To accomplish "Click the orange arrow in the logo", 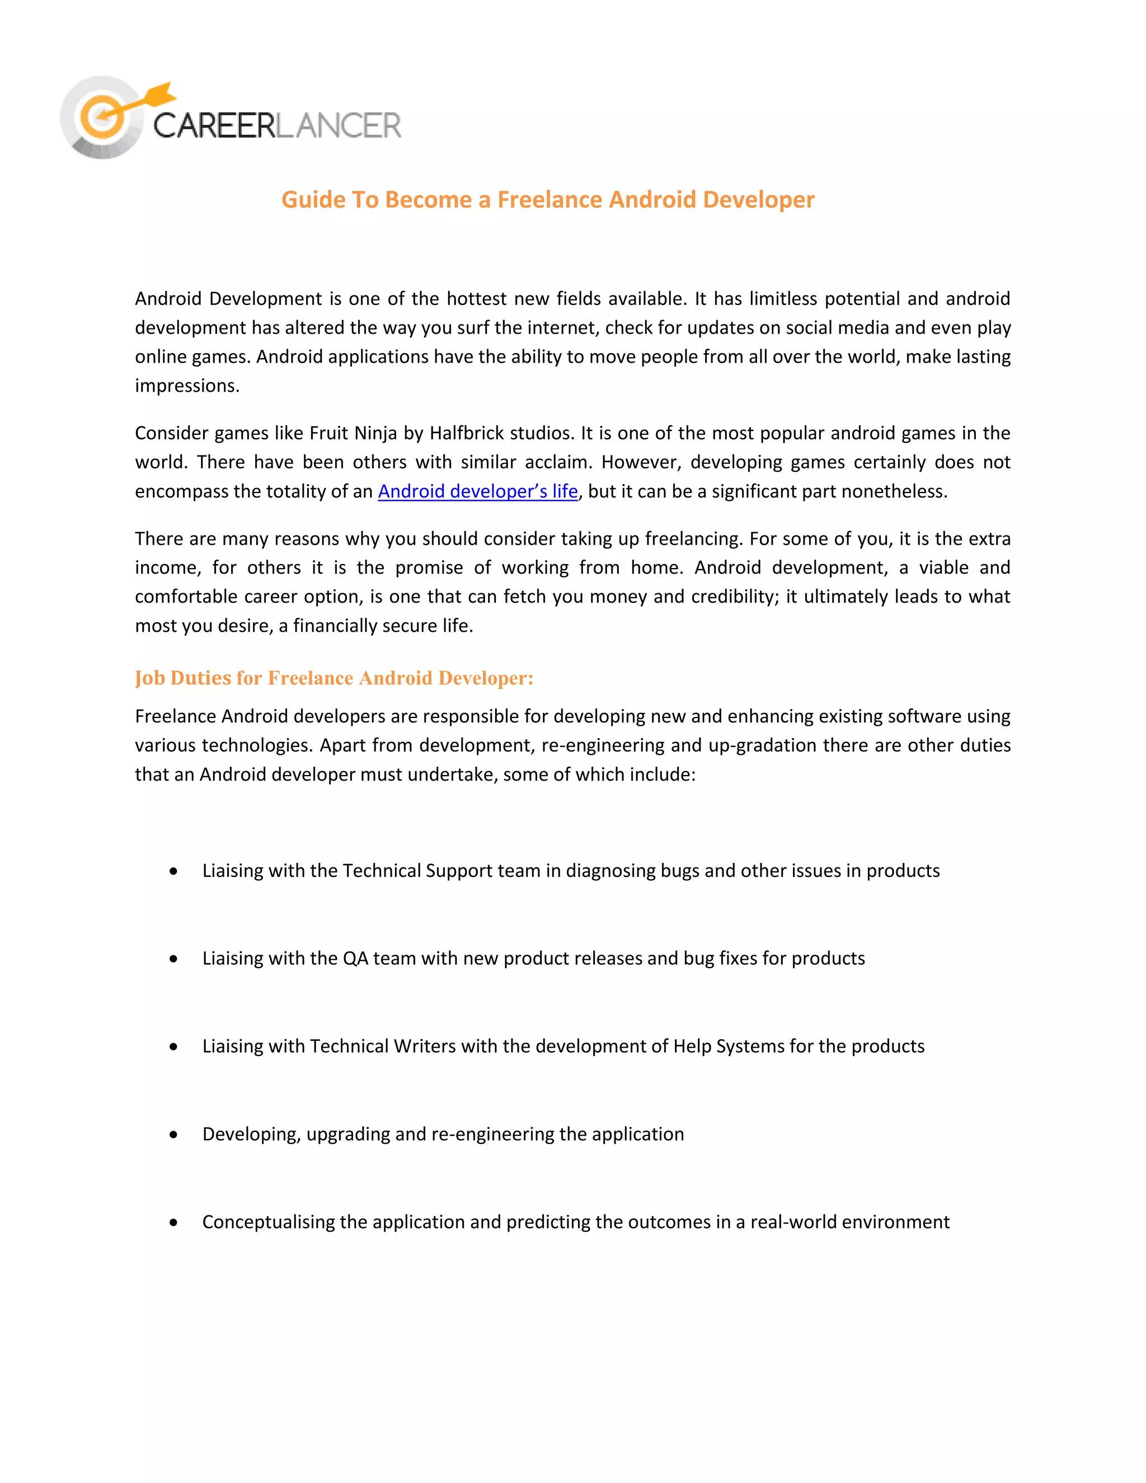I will pyautogui.click(x=151, y=97).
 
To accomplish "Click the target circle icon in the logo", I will pyautogui.click(x=102, y=118).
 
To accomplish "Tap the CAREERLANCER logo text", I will pyautogui.click(x=277, y=125).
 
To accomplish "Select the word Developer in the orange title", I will pyautogui.click(x=758, y=200).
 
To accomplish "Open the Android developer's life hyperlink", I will pyautogui.click(x=477, y=491).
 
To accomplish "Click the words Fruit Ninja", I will pyautogui.click(x=353, y=433).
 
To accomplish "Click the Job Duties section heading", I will pyautogui.click(x=334, y=678).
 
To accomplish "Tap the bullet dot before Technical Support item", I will pyautogui.click(x=174, y=871).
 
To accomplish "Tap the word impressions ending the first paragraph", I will pyautogui.click(x=187, y=386).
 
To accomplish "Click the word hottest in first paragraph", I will pyautogui.click(x=477, y=299).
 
